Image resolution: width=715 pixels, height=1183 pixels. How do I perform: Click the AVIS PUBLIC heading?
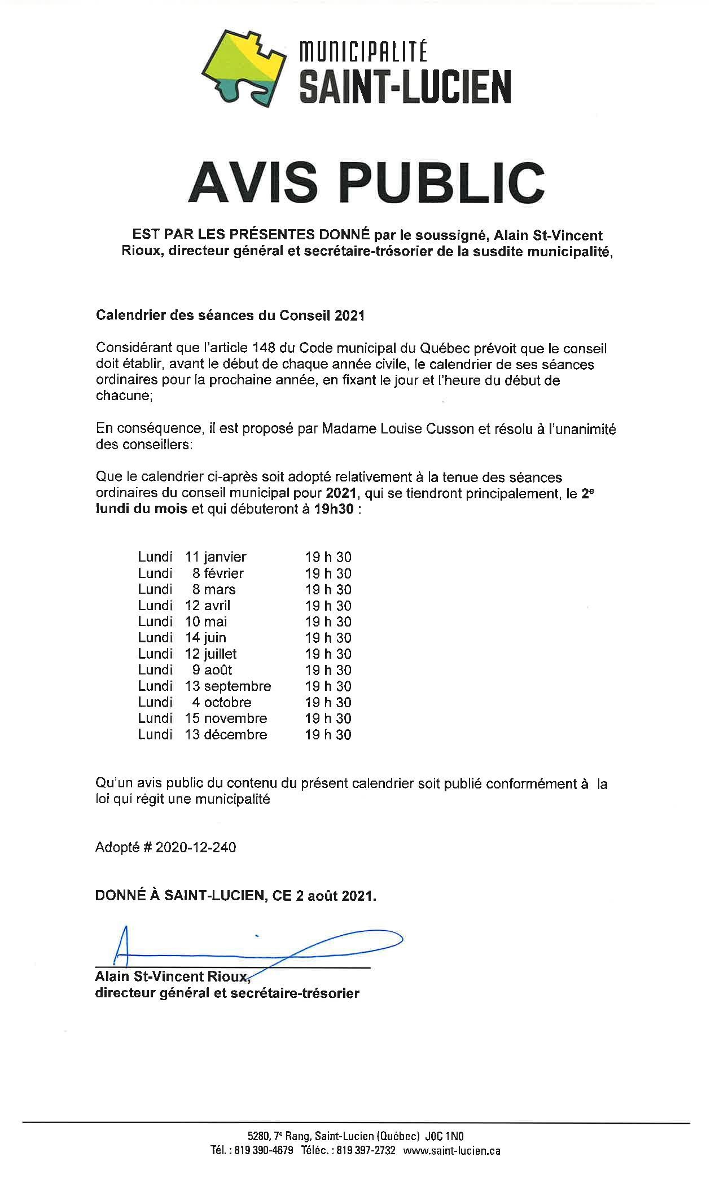pyautogui.click(x=366, y=183)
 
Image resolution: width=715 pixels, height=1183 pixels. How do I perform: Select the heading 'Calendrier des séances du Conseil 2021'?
pyautogui.click(x=230, y=316)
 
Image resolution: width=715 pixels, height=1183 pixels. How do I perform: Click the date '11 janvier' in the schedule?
pyautogui.click(x=216, y=557)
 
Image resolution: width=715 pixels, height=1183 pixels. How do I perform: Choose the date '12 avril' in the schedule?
pyautogui.click(x=208, y=606)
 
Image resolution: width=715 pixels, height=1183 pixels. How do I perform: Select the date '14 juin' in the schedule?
pyautogui.click(x=205, y=638)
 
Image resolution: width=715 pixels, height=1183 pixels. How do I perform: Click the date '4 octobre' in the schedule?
pyautogui.click(x=221, y=702)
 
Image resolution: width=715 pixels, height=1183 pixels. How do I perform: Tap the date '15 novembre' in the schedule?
pyautogui.click(x=226, y=718)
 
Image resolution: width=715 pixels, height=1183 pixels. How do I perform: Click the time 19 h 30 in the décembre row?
pyautogui.click(x=328, y=735)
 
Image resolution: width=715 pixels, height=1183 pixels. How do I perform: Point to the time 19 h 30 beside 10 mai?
pyautogui.click(x=328, y=622)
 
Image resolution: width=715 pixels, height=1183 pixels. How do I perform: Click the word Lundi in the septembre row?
pyautogui.click(x=155, y=686)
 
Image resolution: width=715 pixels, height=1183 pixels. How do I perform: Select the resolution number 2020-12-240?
pyautogui.click(x=195, y=847)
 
